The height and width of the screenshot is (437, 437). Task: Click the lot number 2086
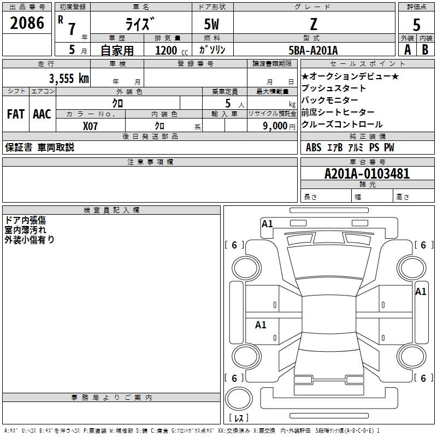click(x=27, y=23)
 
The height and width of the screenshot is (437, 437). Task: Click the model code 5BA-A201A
click(x=313, y=50)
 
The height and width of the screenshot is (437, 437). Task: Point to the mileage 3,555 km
click(x=69, y=78)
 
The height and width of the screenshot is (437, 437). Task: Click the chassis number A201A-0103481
click(x=367, y=174)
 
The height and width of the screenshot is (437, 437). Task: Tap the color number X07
click(x=91, y=126)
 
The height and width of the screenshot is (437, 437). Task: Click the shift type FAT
click(x=15, y=114)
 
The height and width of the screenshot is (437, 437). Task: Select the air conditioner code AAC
click(x=42, y=114)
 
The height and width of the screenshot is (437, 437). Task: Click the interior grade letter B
click(x=425, y=50)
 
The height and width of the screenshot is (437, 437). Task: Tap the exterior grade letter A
click(x=408, y=50)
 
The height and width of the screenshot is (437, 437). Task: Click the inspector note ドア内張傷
click(x=25, y=220)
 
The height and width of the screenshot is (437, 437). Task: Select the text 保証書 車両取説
click(x=39, y=147)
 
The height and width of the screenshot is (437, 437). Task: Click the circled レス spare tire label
click(x=238, y=418)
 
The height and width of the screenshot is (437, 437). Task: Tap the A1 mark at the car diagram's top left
click(x=267, y=223)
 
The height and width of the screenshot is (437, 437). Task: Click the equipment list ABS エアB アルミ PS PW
click(x=350, y=147)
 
